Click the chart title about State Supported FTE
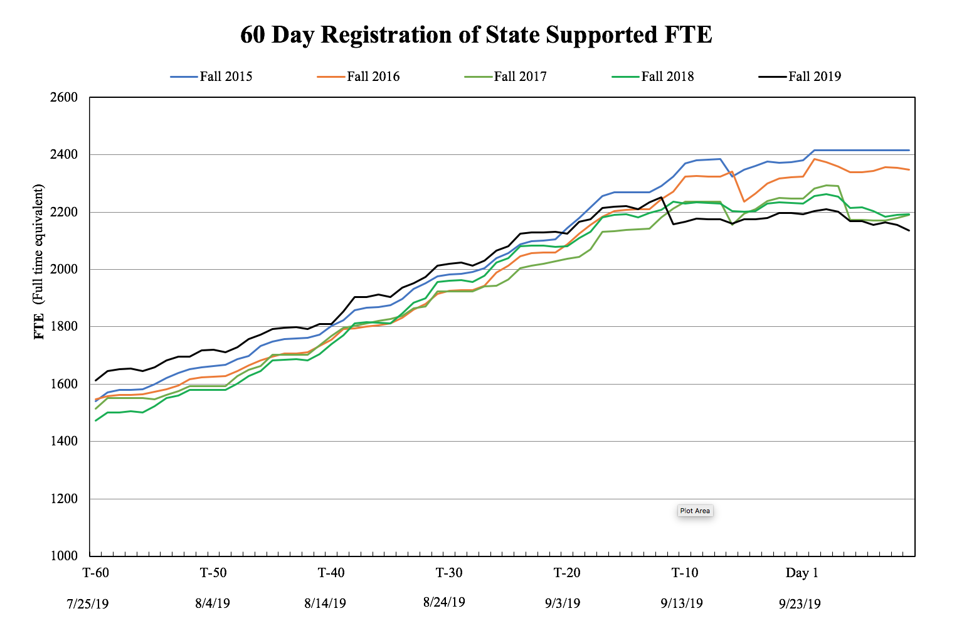476,35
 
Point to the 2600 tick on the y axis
65,97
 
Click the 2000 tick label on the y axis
65,269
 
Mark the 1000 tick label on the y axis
65,556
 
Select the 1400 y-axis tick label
65,441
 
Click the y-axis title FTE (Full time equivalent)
40,262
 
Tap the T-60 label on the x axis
96,573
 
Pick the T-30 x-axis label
449,573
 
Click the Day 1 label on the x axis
802,573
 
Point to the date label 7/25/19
88,604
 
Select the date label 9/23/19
800,604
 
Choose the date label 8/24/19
444,602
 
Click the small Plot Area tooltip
695,511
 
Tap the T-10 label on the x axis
685,573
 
